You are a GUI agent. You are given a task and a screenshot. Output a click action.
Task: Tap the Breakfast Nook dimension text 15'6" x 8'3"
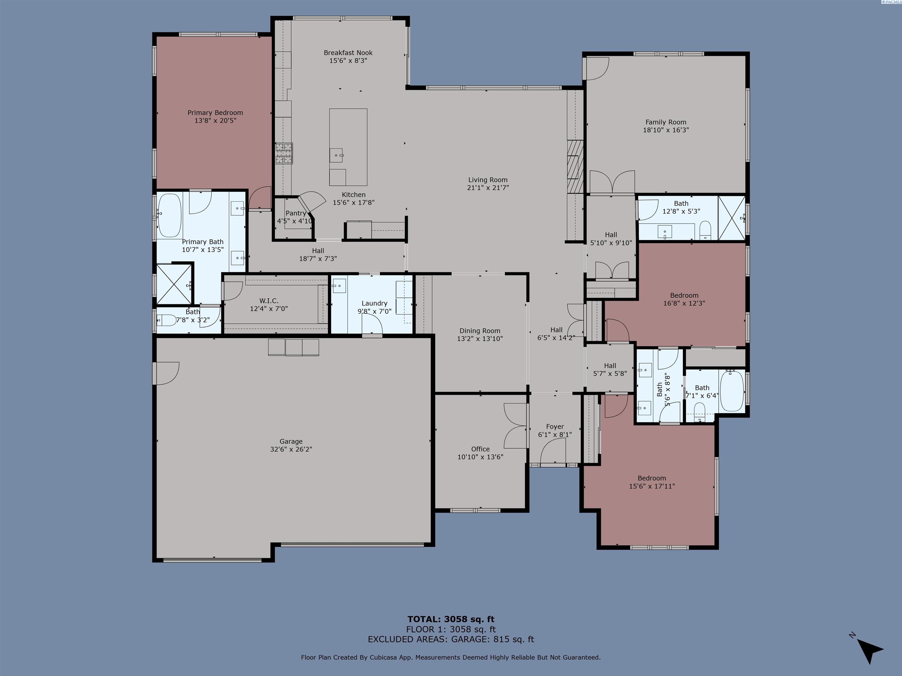tap(348, 61)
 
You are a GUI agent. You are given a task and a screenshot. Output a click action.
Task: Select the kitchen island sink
tap(337, 155)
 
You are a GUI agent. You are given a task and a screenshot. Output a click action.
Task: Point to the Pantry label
tap(296, 213)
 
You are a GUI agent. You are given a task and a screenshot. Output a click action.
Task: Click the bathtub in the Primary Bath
tap(170, 216)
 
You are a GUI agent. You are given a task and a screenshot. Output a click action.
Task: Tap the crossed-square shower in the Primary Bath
tap(174, 284)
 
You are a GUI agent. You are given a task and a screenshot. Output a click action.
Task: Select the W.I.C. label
tap(269, 301)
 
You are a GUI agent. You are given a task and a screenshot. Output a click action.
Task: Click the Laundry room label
tap(374, 303)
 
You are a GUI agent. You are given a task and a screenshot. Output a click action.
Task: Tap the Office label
tap(480, 449)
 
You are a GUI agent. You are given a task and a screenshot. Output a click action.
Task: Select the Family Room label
tap(666, 122)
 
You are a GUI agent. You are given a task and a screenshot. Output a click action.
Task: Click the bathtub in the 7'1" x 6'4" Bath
tap(732, 391)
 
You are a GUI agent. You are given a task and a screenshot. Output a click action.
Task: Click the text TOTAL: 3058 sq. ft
tap(451, 620)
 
